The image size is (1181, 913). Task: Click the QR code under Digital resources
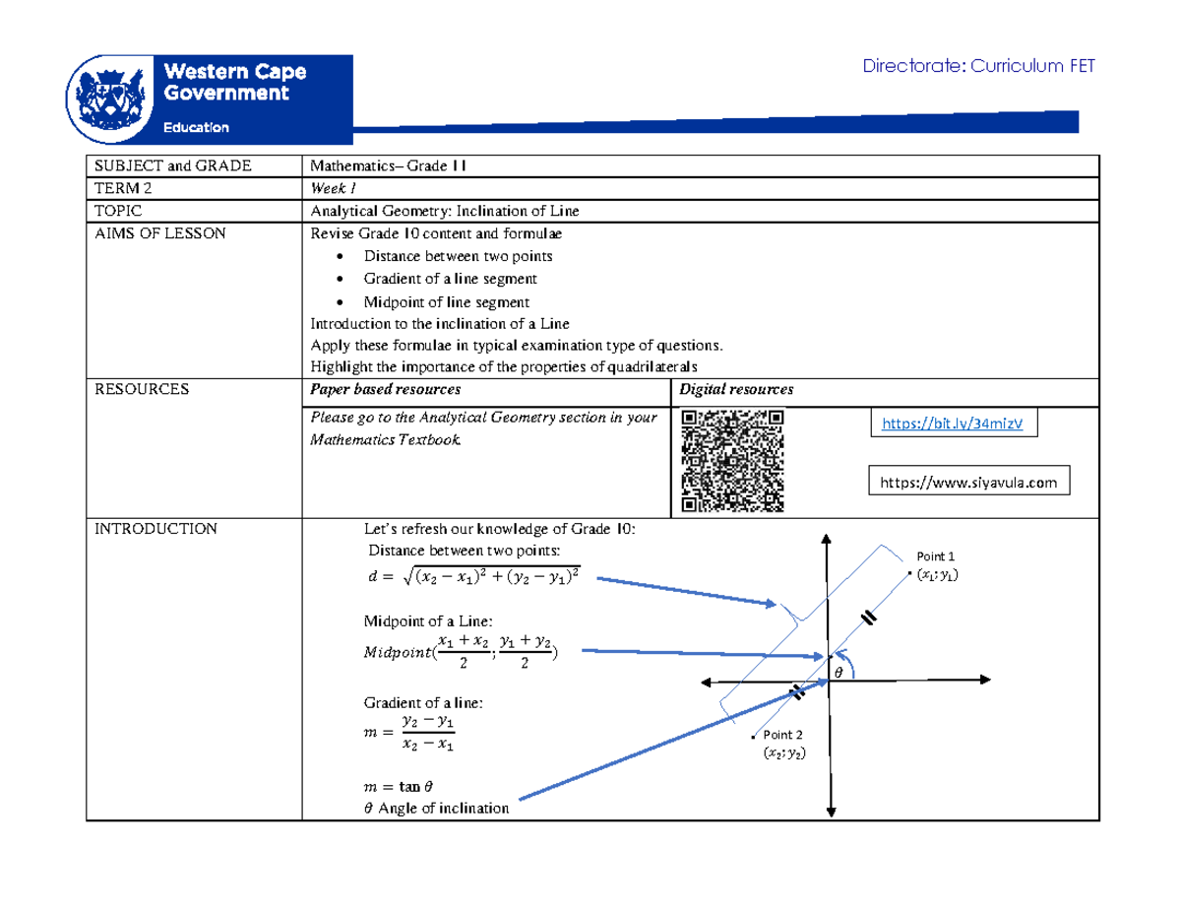point(733,461)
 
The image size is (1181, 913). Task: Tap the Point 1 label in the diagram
point(935,555)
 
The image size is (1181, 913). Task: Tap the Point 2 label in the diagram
point(783,735)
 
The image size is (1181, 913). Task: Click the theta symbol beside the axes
point(839,672)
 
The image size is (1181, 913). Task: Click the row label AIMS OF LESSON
point(159,233)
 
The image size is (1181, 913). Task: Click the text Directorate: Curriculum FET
point(977,66)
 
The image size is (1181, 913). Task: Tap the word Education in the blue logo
point(196,127)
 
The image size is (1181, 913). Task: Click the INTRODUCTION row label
point(155,529)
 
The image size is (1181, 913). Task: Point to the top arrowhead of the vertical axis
point(826,538)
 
